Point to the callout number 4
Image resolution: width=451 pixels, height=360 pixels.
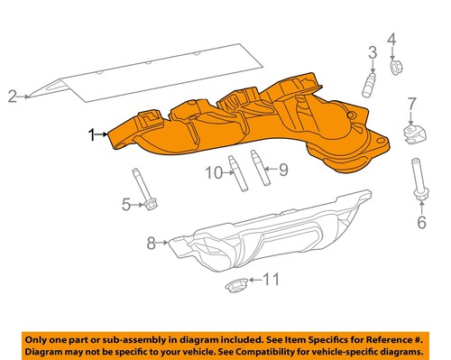click(x=391, y=39)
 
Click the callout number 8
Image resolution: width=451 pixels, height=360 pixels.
click(x=152, y=242)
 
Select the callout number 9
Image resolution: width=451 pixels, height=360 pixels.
click(x=282, y=170)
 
